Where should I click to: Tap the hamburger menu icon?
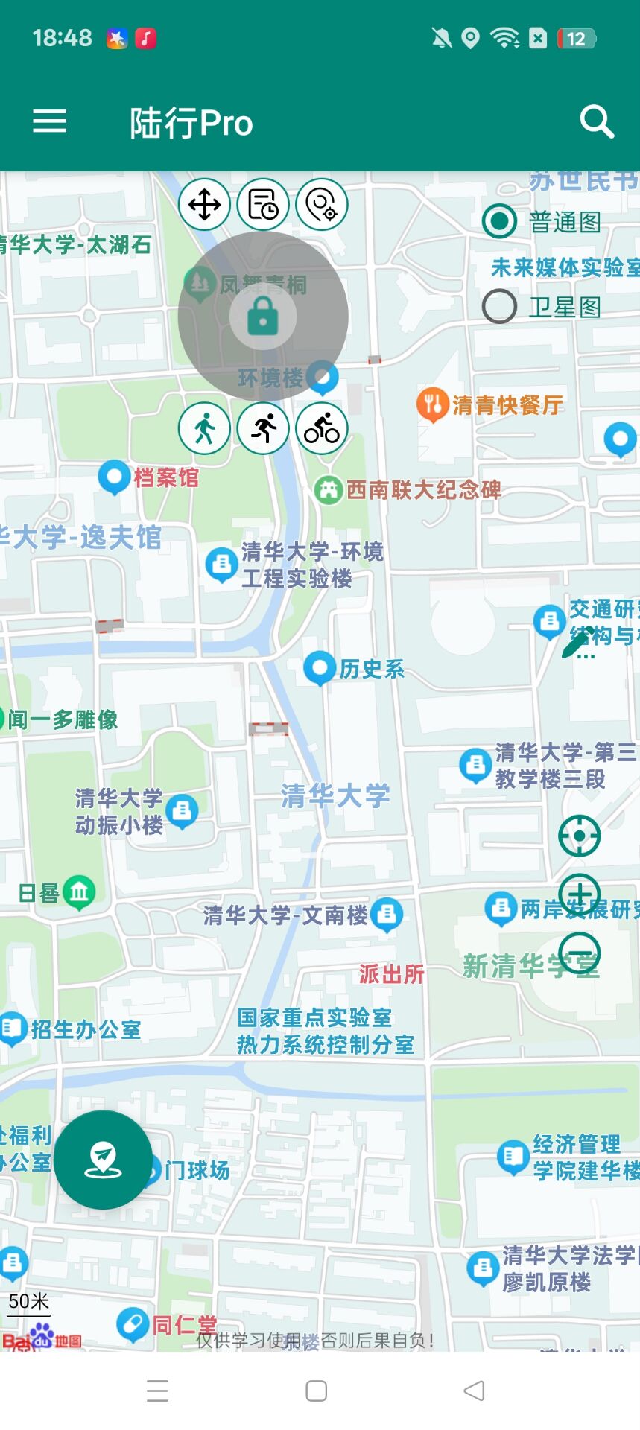[50, 121]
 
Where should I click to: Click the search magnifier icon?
[597, 121]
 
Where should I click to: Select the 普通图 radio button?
[499, 221]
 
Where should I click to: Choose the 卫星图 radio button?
[499, 306]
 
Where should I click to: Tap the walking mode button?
[204, 428]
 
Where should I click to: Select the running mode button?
[263, 428]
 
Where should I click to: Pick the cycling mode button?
[322, 428]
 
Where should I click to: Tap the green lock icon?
[263, 317]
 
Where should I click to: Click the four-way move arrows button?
[204, 204]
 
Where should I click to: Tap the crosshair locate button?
[579, 836]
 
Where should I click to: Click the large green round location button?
[103, 1160]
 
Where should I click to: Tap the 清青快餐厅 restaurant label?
[507, 405]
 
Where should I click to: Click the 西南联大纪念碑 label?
[423, 490]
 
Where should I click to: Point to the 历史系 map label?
[372, 669]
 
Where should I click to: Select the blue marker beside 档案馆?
[114, 476]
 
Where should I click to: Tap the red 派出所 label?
[392, 974]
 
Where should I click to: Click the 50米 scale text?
[28, 1301]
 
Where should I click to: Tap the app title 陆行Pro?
[191, 123]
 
